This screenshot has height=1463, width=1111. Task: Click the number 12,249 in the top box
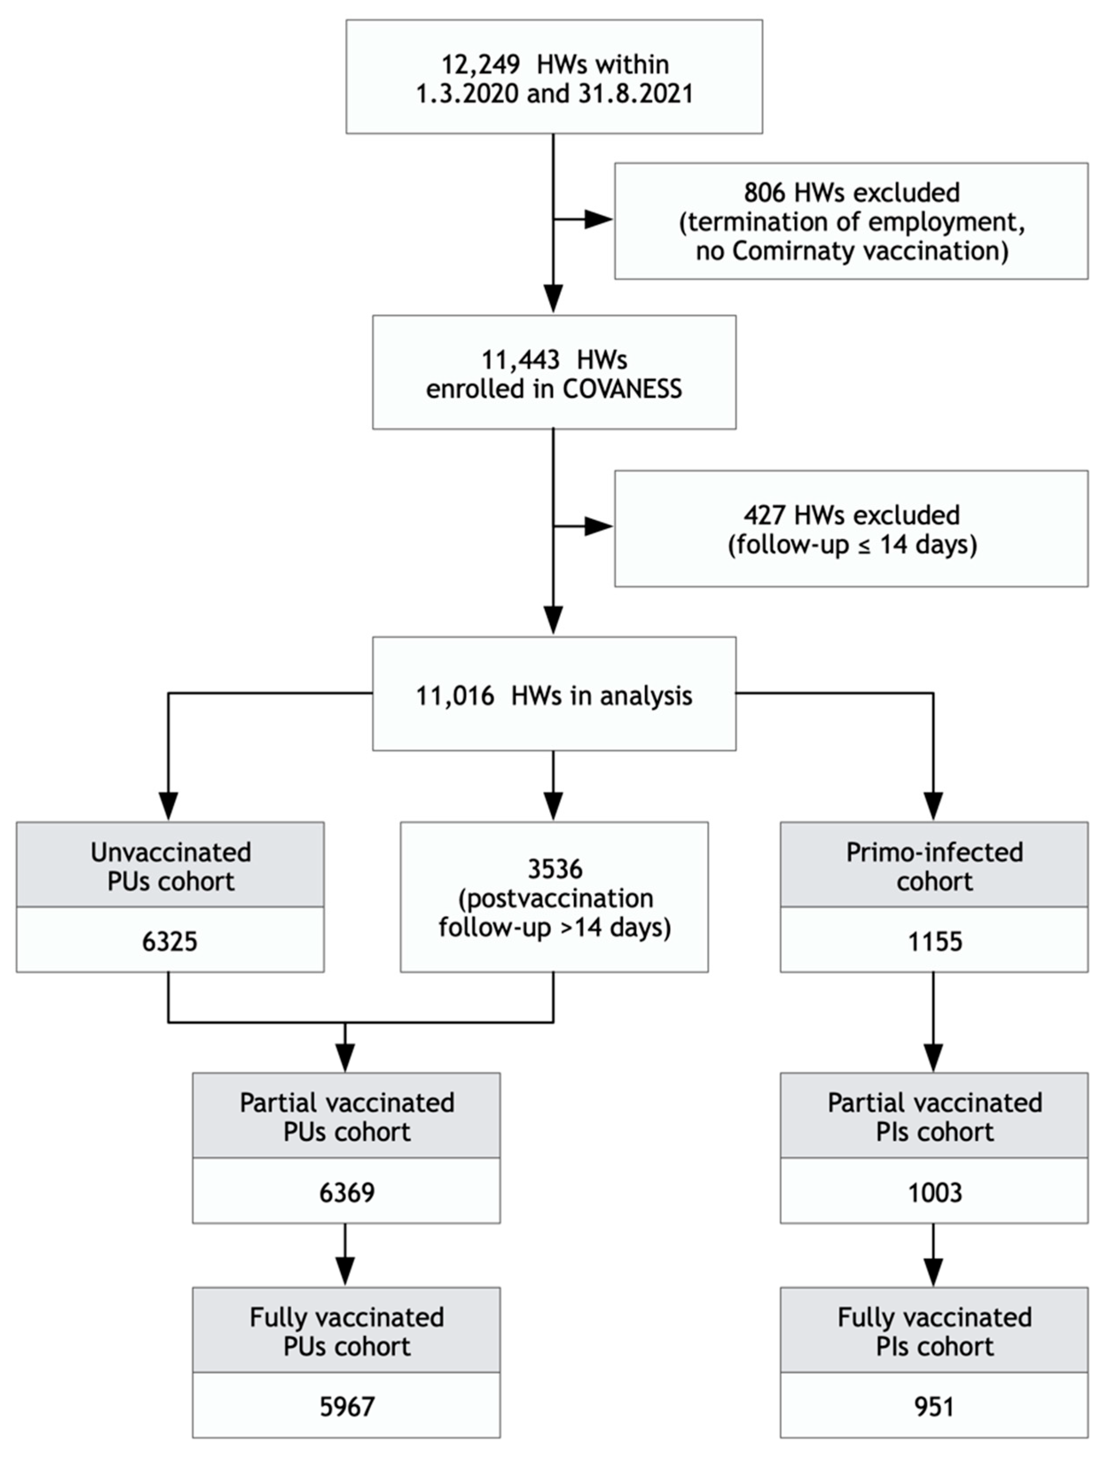click(480, 65)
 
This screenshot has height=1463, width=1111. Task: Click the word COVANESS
click(622, 389)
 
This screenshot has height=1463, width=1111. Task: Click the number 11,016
click(454, 696)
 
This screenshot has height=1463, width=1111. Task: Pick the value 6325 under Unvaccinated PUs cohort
click(170, 942)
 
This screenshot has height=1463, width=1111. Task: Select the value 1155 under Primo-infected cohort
click(935, 942)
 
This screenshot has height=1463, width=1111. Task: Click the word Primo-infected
click(935, 853)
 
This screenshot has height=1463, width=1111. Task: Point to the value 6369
click(347, 1193)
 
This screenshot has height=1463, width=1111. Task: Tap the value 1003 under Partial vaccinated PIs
click(935, 1193)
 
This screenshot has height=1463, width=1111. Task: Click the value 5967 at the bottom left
click(347, 1407)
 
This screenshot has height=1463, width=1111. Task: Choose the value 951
click(935, 1407)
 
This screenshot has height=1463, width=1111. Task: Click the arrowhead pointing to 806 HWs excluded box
click(599, 219)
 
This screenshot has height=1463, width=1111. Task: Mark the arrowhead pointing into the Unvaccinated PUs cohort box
click(168, 806)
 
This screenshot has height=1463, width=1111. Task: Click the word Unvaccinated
click(171, 853)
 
